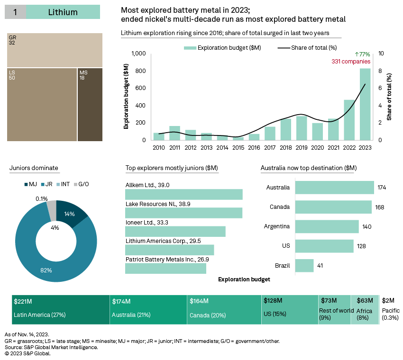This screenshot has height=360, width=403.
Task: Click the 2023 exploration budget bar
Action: click(365, 104)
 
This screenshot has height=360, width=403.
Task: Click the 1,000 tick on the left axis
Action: click(139, 54)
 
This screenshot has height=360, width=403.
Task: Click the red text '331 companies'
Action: click(351, 62)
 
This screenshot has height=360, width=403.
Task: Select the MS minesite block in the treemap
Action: click(90, 104)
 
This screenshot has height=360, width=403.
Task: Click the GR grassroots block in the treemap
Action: click(55, 50)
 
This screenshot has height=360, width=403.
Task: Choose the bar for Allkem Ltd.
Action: click(183, 195)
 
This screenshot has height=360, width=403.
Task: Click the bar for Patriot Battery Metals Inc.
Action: click(165, 269)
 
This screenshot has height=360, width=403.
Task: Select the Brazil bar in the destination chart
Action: click(304, 265)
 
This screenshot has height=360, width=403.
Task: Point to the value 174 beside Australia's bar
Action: click(382, 188)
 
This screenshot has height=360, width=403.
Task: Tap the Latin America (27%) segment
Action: click(61, 310)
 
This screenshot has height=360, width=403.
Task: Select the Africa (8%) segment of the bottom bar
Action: click(365, 310)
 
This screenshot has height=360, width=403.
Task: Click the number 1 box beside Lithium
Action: click(15, 12)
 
